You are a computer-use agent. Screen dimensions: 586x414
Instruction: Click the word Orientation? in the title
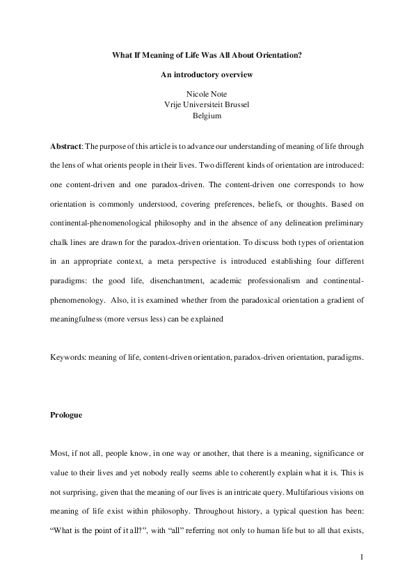(x=276, y=54)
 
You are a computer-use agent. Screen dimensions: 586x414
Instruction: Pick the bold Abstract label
(x=67, y=147)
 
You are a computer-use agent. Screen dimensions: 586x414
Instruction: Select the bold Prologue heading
(x=67, y=415)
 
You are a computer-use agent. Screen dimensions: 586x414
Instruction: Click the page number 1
(x=362, y=556)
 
